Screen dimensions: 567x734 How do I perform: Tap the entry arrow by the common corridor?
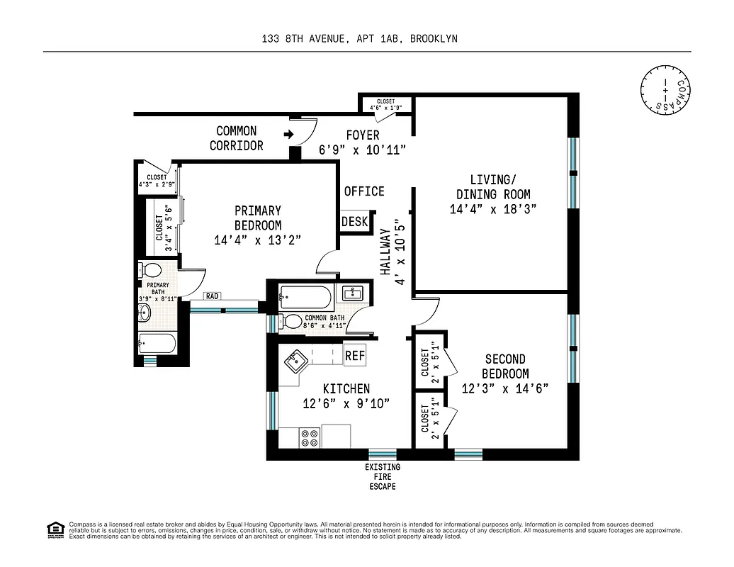(x=288, y=133)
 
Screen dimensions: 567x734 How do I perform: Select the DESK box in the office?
(x=355, y=222)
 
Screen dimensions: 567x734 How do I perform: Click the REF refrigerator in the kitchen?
(x=355, y=355)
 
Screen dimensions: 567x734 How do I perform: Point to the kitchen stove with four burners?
(x=309, y=437)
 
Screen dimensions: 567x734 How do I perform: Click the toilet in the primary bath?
(x=152, y=271)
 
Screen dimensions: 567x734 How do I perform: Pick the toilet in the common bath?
(x=291, y=321)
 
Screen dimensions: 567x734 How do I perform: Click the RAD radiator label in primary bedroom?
(x=212, y=296)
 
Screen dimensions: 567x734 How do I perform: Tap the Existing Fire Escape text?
(x=383, y=477)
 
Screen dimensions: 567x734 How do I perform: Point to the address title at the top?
(x=359, y=39)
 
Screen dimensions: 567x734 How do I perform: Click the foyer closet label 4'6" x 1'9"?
(x=386, y=105)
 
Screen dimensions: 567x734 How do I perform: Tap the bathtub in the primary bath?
(x=157, y=345)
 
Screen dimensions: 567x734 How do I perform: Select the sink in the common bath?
(x=351, y=293)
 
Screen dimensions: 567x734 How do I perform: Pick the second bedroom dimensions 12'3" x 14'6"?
(x=505, y=388)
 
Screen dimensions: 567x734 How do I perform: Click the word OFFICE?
(x=364, y=191)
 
